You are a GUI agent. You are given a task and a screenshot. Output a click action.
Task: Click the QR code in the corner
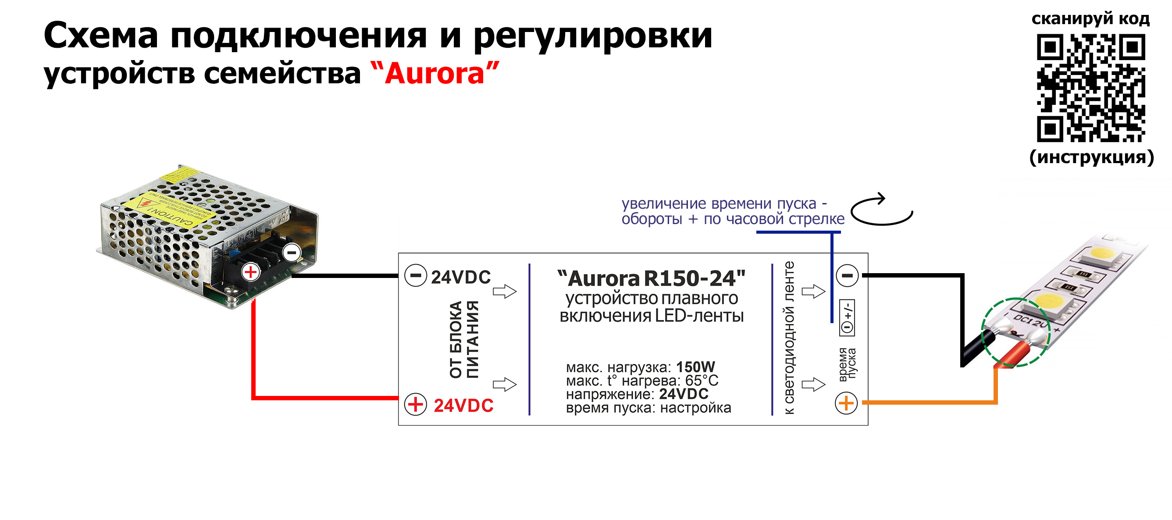tap(1090, 88)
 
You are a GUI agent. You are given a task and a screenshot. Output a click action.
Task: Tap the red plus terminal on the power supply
tap(250, 272)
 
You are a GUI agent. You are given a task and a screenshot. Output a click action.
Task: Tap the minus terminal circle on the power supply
tap(292, 253)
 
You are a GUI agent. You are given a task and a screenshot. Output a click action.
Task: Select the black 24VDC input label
tap(460, 277)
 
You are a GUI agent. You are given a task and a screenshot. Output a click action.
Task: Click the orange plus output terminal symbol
tap(846, 403)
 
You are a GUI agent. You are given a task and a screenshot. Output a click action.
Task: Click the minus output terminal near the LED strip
tap(847, 275)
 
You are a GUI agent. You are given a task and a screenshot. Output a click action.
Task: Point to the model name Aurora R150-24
tap(651, 278)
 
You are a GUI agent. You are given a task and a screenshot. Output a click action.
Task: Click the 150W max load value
tap(695, 367)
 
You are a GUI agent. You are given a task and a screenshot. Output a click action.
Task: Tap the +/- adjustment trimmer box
tap(847, 318)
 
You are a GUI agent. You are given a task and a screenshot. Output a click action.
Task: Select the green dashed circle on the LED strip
tap(1015, 332)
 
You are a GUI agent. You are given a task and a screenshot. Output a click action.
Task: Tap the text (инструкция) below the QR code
tap(1091, 157)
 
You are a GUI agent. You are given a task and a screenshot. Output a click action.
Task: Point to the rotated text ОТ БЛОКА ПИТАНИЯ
tap(463, 339)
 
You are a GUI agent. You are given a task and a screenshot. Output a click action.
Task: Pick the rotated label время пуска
tap(847, 363)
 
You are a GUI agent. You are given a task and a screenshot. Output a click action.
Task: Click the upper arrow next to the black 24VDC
tap(505, 291)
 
